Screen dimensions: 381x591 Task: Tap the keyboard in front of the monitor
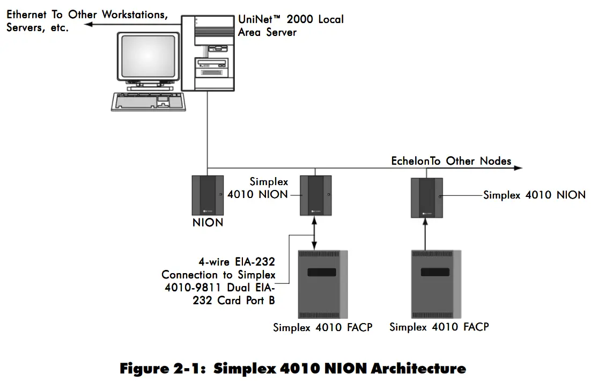(x=149, y=100)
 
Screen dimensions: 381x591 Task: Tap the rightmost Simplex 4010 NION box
(x=426, y=197)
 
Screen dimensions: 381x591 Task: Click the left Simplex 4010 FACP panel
(x=322, y=284)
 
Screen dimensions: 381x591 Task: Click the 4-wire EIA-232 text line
(x=237, y=262)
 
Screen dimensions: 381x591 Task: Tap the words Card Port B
(x=246, y=301)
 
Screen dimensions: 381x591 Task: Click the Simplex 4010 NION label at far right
(x=534, y=195)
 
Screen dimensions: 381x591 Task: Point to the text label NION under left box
(x=208, y=222)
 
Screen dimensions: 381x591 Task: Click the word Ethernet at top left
(x=27, y=14)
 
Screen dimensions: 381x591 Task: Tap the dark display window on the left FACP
(x=322, y=272)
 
